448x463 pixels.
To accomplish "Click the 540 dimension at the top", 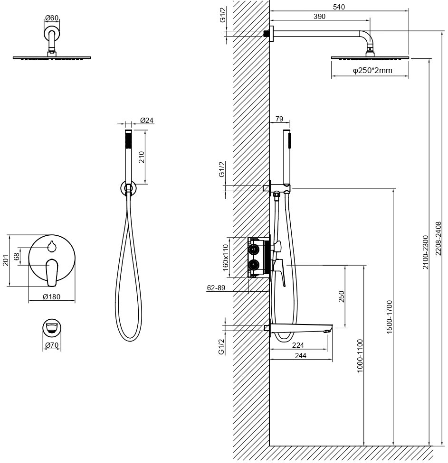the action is tap(339, 7).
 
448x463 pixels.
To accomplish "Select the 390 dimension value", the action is tap(319, 17).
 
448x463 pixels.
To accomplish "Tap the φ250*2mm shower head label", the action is tap(372, 71).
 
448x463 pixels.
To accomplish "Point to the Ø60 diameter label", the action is tap(52, 18).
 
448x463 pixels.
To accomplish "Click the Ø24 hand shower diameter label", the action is tap(147, 120).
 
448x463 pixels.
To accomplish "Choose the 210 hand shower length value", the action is tap(142, 157).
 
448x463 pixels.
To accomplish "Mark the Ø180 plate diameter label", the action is tap(51, 297).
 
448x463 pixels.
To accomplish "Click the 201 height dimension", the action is tap(6, 260).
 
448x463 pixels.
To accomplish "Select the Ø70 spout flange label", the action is tap(52, 345).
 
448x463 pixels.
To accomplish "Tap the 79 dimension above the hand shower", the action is tap(279, 119).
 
